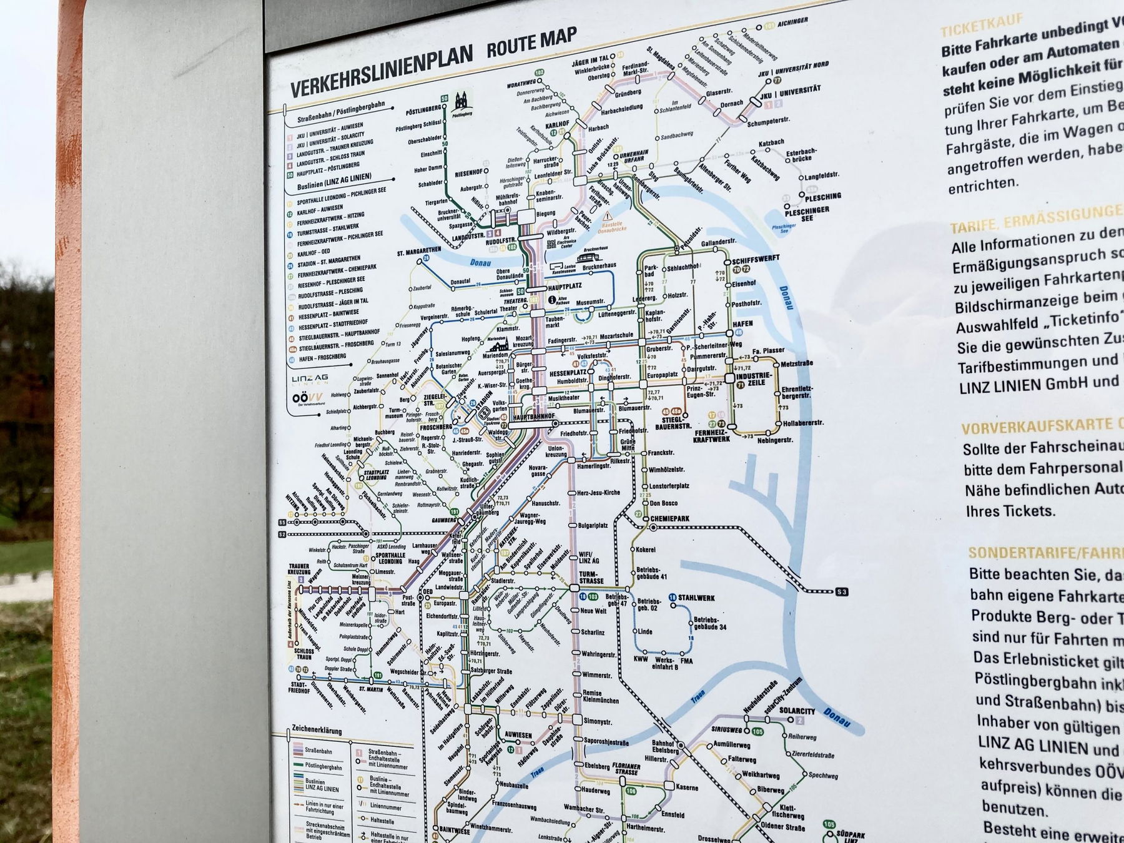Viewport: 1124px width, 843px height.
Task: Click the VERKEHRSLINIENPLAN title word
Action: [381, 72]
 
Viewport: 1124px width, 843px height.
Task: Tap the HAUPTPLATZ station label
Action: [564, 287]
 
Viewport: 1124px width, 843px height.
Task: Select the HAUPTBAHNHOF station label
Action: [534, 416]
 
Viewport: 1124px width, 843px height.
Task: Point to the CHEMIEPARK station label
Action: [669, 519]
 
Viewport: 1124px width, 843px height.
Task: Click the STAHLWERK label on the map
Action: [696, 598]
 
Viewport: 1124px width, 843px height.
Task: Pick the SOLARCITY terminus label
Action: [797, 711]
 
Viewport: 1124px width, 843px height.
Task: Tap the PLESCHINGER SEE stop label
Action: [807, 215]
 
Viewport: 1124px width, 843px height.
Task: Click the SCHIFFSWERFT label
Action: [756, 259]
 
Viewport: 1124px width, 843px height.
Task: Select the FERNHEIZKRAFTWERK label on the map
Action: [711, 435]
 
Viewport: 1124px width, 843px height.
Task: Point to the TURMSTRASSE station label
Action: [591, 577]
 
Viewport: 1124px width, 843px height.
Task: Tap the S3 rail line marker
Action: [842, 591]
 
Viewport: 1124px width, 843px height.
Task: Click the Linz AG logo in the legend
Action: [309, 379]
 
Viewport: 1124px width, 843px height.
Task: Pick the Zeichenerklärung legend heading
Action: [317, 730]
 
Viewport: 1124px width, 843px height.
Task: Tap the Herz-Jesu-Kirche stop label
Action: [598, 493]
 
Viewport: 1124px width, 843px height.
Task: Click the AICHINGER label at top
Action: [792, 22]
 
